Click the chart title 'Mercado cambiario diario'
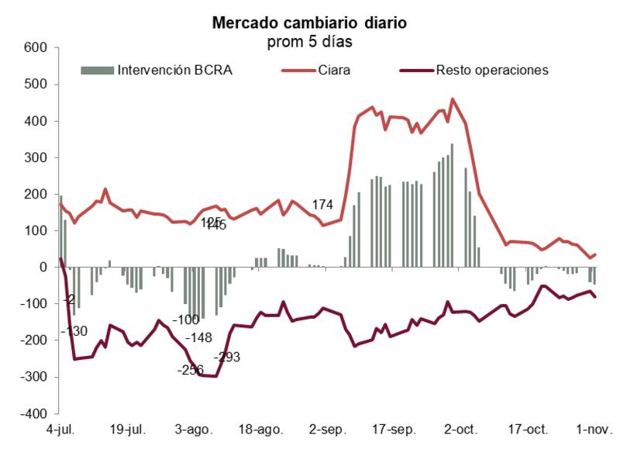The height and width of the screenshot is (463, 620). [x=309, y=23]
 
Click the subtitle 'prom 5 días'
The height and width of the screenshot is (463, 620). [x=309, y=40]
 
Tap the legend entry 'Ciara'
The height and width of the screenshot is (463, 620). [x=334, y=70]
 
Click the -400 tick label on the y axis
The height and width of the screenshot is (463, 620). [x=34, y=414]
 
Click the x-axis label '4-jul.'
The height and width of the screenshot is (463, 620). [x=61, y=429]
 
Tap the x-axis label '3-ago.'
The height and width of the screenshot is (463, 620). [x=193, y=429]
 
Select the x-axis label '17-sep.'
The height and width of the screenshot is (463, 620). [x=390, y=429]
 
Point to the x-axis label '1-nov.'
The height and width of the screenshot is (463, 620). [x=594, y=429]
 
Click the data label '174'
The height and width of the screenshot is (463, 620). [x=322, y=205]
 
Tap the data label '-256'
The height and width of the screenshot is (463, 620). [x=190, y=370]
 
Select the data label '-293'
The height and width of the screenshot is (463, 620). [x=227, y=358]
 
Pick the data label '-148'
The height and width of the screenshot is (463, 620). [x=199, y=337]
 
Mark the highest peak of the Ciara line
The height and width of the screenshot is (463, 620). [x=453, y=99]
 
